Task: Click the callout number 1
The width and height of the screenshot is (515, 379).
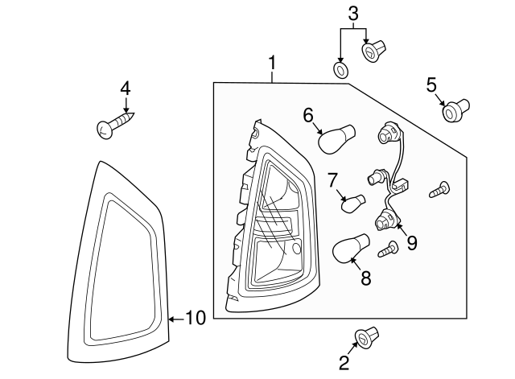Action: (x=273, y=62)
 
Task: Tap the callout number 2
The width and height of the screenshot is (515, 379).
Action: (x=344, y=363)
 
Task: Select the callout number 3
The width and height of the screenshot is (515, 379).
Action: (x=352, y=13)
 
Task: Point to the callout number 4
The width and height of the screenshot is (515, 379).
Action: (x=126, y=88)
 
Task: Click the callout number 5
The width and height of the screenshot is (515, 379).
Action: (x=431, y=84)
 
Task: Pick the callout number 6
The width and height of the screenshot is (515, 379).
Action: (x=308, y=116)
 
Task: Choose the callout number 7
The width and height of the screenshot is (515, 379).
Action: (x=332, y=179)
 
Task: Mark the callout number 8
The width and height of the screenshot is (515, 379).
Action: (x=365, y=278)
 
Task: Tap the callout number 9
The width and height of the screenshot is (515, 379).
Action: (x=411, y=242)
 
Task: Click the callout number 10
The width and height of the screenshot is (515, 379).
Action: (x=196, y=318)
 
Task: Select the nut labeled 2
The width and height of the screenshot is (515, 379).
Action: (x=367, y=339)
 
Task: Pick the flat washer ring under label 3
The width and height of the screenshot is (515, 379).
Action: (x=340, y=72)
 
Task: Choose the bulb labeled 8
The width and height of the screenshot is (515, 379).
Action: (x=351, y=249)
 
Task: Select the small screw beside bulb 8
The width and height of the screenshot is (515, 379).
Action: (x=389, y=249)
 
